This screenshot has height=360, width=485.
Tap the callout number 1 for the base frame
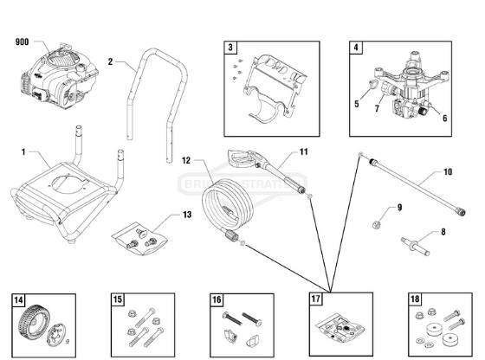23,151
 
